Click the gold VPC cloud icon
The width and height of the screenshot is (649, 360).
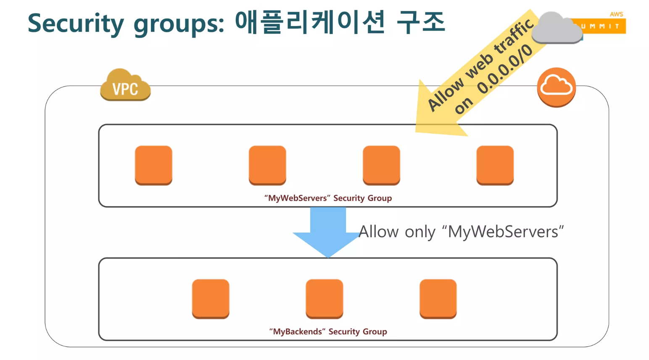(125, 85)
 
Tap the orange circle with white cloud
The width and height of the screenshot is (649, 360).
(556, 87)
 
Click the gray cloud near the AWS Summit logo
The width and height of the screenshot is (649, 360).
(556, 28)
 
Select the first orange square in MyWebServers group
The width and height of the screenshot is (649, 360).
(153, 165)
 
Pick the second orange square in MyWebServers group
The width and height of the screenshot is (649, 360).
(267, 165)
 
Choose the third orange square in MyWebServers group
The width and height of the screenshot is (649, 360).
(381, 165)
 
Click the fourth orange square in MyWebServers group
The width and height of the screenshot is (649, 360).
(495, 165)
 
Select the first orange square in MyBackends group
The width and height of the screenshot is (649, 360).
(211, 298)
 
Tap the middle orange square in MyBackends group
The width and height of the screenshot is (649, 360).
(324, 298)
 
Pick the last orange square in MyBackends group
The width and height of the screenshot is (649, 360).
(438, 298)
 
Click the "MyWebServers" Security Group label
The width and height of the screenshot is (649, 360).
(328, 198)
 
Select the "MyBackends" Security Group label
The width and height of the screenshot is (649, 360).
(328, 331)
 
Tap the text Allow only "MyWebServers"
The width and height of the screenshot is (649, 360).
(461, 232)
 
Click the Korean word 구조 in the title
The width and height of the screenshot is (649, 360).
(421, 22)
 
